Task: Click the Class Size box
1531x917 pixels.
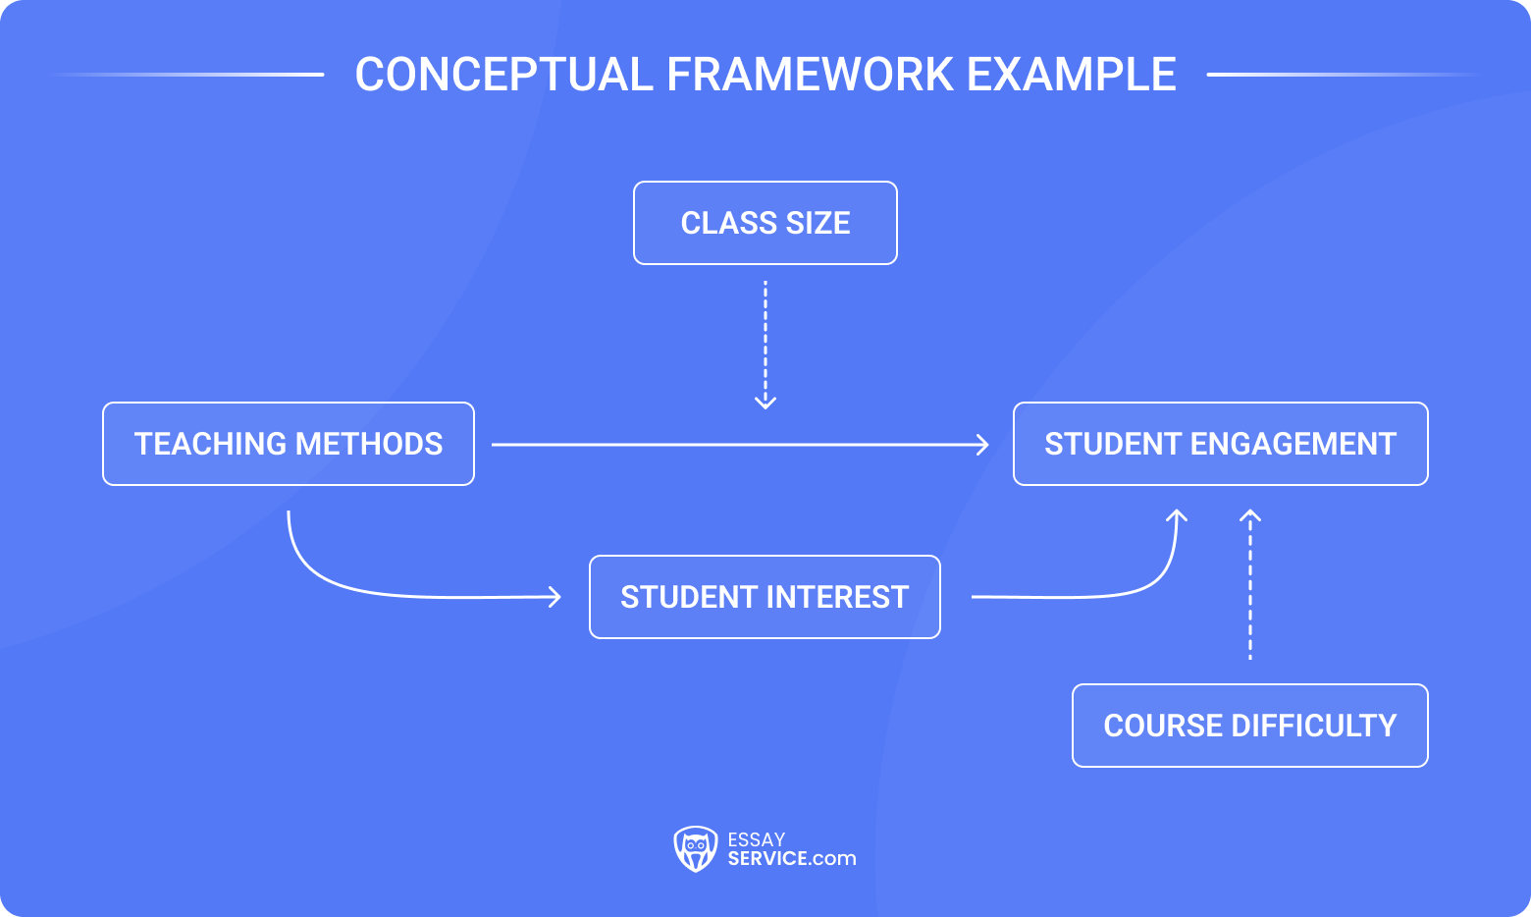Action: pos(765,223)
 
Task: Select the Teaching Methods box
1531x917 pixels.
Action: pos(289,444)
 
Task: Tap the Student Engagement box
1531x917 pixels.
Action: pos(1220,444)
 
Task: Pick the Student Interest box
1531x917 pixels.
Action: pos(765,597)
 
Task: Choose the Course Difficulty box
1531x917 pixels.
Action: pos(1249,726)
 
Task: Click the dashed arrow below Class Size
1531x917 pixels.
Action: pos(765,344)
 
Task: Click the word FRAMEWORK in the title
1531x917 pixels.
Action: pos(810,75)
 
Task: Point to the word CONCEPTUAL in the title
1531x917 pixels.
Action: pos(503,75)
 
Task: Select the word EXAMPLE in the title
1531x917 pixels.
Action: pos(1071,75)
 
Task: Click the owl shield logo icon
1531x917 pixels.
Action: pos(695,848)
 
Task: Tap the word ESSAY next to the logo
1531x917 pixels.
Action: pos(756,839)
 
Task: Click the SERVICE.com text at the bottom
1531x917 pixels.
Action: pos(791,858)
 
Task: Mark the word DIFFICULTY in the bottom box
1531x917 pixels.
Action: pos(1313,726)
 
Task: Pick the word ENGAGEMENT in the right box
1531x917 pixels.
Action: pos(1293,444)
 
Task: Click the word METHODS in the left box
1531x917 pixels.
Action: pos(369,444)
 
